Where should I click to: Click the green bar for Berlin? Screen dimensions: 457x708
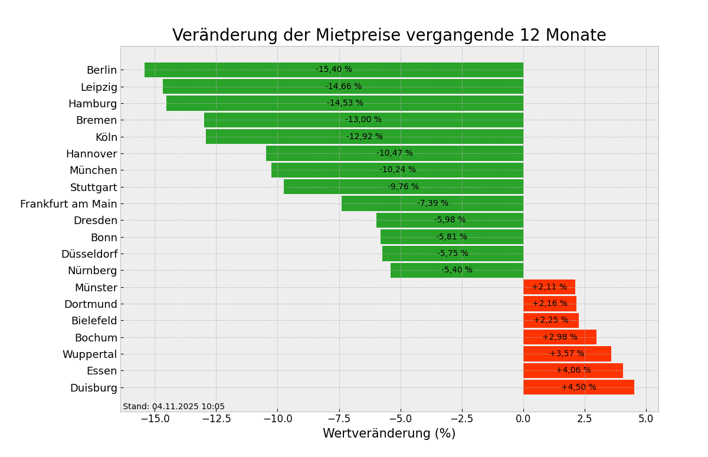[x=236, y=70]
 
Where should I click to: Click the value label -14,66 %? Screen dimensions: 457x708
[x=343, y=87]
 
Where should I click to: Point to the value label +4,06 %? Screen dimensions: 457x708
[x=573, y=370]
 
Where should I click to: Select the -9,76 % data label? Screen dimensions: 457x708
[x=403, y=187]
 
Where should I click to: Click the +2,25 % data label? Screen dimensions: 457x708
[x=550, y=320]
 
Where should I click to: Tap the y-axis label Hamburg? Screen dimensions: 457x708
[x=93, y=104]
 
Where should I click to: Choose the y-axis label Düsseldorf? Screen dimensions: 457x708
[x=89, y=254]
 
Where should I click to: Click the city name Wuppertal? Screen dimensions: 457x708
[x=90, y=354]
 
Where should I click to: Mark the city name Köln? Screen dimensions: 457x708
[x=106, y=137]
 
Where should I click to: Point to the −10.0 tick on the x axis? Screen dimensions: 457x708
[x=277, y=419]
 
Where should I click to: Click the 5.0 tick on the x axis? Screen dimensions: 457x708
[x=646, y=419]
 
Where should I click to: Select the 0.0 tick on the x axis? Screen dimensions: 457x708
[x=523, y=419]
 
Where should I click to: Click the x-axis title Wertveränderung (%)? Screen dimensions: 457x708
[x=389, y=434]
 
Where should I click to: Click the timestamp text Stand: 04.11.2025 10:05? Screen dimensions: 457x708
[x=173, y=407]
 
